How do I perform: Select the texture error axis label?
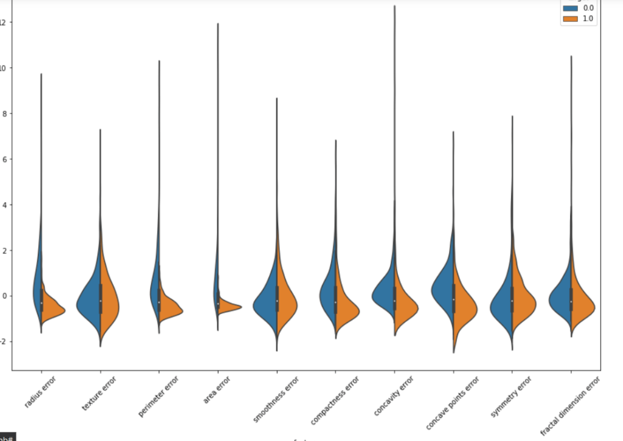(x=100, y=394)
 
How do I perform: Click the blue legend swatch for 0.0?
(x=571, y=8)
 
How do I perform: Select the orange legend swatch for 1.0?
(x=571, y=19)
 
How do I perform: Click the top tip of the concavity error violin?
(x=395, y=7)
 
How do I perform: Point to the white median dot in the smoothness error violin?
(x=277, y=301)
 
